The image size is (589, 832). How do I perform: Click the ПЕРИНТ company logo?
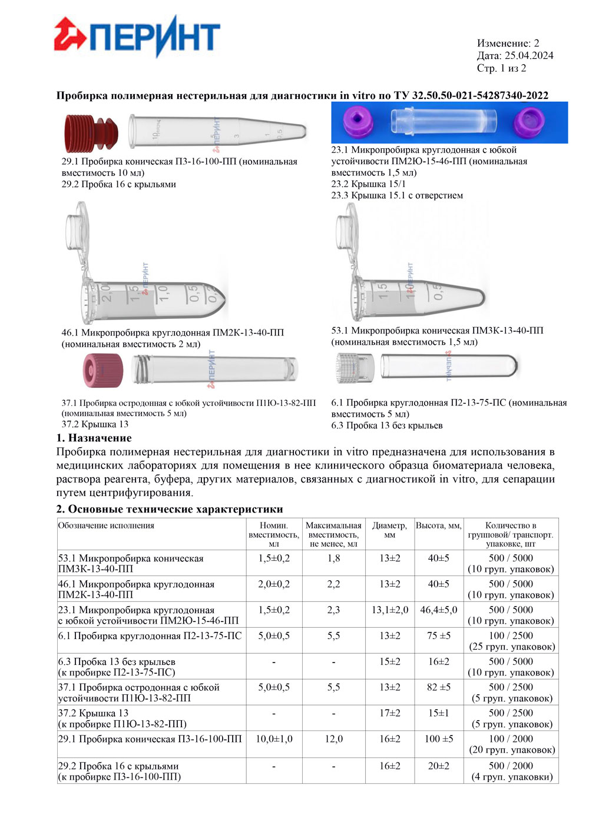(x=137, y=37)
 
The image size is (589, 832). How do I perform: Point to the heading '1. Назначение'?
(x=94, y=438)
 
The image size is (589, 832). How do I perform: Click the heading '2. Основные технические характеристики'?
(x=170, y=509)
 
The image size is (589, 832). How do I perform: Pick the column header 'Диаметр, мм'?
(x=389, y=530)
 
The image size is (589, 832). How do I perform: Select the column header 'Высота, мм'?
(x=438, y=525)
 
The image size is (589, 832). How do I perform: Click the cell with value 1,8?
(x=333, y=558)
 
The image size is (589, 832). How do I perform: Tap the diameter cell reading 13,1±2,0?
(x=389, y=610)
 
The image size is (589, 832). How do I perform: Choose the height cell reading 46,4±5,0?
(x=438, y=610)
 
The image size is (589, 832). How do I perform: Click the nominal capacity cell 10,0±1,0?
(x=274, y=739)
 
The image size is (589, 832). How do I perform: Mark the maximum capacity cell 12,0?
(x=333, y=739)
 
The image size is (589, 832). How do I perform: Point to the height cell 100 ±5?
(x=438, y=739)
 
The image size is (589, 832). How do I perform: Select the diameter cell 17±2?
(x=389, y=713)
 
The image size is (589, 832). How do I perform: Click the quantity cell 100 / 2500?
(x=511, y=636)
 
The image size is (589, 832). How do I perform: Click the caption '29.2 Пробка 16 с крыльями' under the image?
(x=118, y=184)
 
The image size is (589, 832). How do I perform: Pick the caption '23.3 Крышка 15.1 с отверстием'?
(x=396, y=195)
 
